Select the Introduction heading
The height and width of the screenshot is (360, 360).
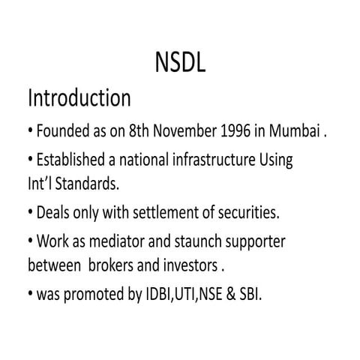pyautogui.click(x=79, y=97)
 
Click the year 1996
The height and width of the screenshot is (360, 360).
pyautogui.click(x=242, y=133)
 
